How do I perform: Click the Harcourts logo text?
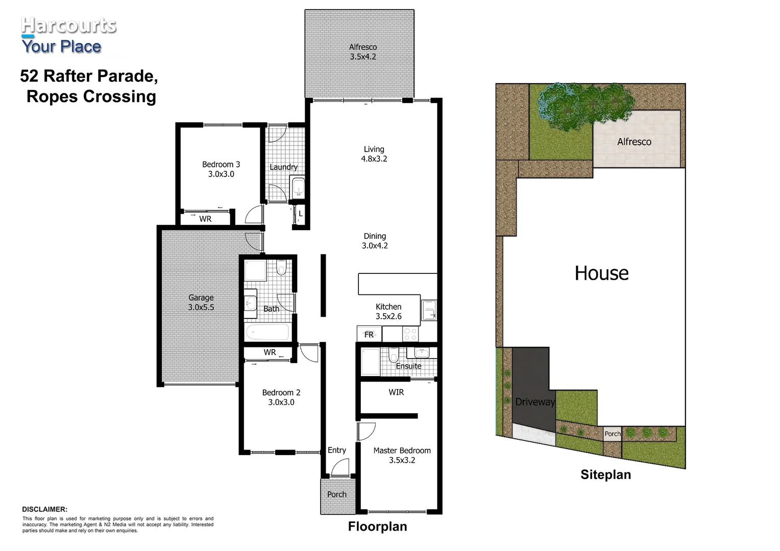coord(68,26)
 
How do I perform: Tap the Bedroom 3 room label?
coord(221,169)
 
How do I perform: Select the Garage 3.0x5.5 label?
coord(201,302)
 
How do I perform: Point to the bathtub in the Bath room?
coord(267,333)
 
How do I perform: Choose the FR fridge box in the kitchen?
coord(369,334)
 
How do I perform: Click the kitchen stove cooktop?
coord(410,334)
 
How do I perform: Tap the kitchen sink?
coord(428,310)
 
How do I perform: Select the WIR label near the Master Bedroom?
coord(396,392)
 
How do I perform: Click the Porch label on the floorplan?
coord(336,494)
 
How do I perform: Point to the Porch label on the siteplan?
coord(612,434)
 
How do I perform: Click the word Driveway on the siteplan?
coord(534,402)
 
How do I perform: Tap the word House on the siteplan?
coord(601,273)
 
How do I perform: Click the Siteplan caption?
coord(605,474)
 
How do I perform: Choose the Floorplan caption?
coord(377,526)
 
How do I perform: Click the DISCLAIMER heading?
coord(44,509)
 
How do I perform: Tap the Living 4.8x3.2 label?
coord(374,154)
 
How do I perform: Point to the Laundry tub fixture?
coord(297,188)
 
